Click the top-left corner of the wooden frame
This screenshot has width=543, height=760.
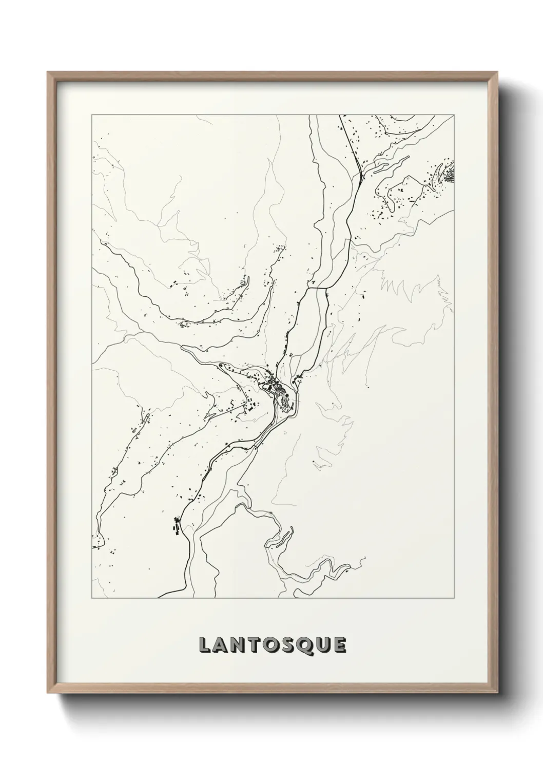[48, 72]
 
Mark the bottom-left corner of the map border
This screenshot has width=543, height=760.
[92, 598]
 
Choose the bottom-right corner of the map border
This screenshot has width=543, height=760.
[455, 598]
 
